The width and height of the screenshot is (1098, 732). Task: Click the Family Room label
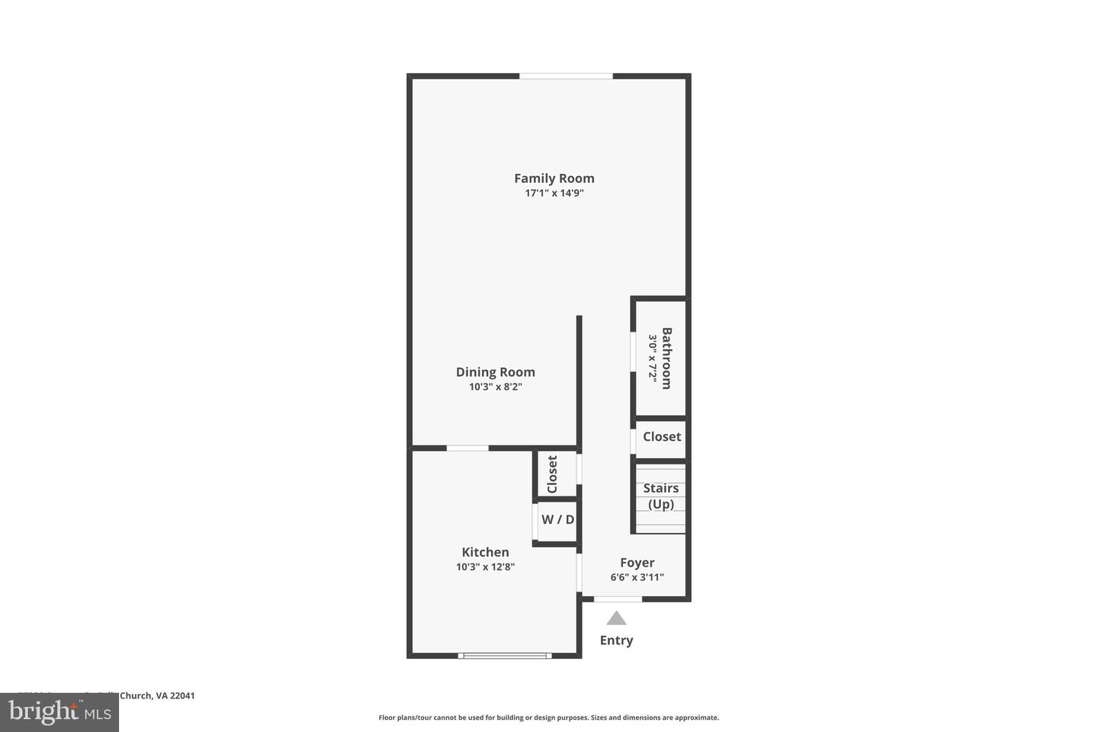point(554,178)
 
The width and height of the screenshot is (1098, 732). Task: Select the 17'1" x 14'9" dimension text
point(554,194)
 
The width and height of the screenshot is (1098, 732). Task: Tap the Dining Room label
point(495,372)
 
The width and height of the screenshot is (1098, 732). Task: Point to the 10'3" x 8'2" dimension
point(495,387)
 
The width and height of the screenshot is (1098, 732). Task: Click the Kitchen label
point(485,552)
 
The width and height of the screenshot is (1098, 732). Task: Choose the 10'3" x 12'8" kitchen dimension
point(485,567)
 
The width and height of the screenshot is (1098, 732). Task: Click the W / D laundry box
point(557,520)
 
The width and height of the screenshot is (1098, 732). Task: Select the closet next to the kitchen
point(553,474)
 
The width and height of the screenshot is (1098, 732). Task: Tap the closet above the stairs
point(661,437)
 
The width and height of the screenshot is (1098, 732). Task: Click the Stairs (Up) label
point(660,496)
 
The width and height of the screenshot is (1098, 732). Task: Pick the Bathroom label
point(666,358)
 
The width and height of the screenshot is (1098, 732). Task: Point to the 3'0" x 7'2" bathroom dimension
point(653,358)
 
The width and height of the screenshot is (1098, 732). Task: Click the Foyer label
point(637,563)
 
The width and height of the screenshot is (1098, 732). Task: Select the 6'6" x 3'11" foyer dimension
point(637,578)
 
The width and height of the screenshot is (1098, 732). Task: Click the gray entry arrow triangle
point(616,618)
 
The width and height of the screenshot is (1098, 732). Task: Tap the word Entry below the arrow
point(616,640)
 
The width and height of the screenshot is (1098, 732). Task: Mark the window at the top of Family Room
point(566,76)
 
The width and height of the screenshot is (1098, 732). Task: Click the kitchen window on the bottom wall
point(505,655)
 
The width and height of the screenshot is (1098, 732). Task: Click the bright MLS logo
point(59,713)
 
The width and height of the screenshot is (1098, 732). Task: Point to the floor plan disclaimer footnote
point(548,718)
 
